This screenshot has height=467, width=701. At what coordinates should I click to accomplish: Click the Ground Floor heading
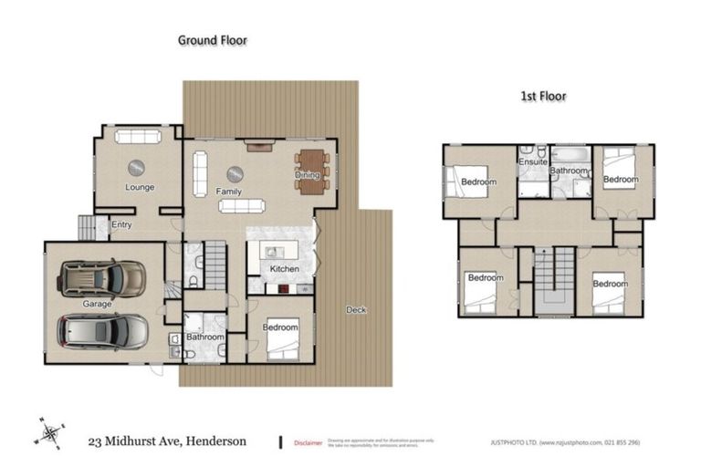212,40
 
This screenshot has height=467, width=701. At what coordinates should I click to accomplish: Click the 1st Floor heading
542,95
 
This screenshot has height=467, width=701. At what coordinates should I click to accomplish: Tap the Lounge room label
139,188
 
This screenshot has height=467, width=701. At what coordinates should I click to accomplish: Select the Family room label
228,192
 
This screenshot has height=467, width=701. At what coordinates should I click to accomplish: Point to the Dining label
307,175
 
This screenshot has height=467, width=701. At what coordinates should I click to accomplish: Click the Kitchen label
285,269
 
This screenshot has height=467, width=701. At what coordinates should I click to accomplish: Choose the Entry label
120,224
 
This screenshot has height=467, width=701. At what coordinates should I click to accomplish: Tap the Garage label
97,303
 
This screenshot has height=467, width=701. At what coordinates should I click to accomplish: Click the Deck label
356,310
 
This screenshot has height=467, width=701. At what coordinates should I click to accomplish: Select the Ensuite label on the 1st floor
533,162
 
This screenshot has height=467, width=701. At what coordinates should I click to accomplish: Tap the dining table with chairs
311,171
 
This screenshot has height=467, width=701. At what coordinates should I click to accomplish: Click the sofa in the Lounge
138,137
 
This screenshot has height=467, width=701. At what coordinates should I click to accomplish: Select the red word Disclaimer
308,442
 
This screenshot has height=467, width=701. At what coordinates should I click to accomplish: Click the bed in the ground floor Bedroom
285,343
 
